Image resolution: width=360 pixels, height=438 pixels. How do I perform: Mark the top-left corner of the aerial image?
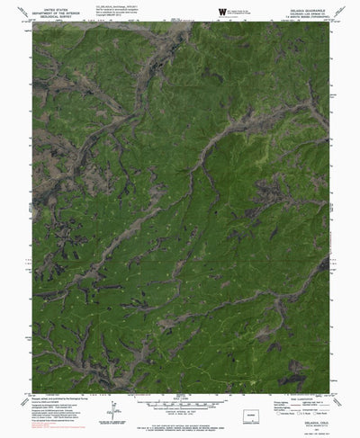33,22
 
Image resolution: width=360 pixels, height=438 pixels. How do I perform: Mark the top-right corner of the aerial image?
328,22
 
